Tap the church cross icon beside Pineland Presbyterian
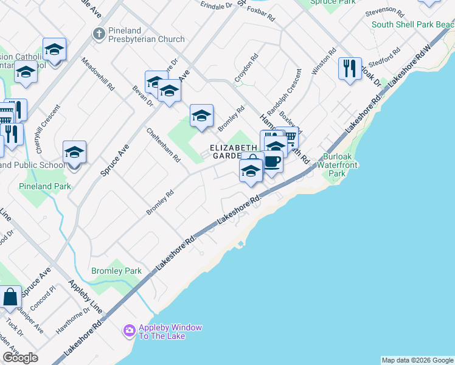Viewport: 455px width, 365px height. [x=98, y=34]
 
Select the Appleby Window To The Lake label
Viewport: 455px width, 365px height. [x=170, y=332]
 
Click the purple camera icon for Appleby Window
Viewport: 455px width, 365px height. [x=129, y=331]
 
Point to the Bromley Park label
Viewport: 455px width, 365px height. [x=116, y=271]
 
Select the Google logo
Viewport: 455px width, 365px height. [x=21, y=358]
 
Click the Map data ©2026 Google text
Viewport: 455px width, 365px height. [x=417, y=360]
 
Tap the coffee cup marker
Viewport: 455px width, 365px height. [x=272, y=162]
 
